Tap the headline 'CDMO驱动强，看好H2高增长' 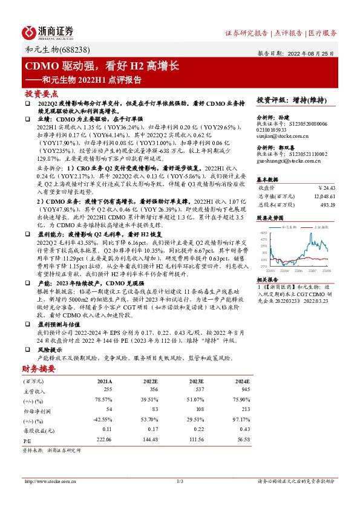100,66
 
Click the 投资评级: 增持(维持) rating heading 292,100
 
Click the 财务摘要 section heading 40,368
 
